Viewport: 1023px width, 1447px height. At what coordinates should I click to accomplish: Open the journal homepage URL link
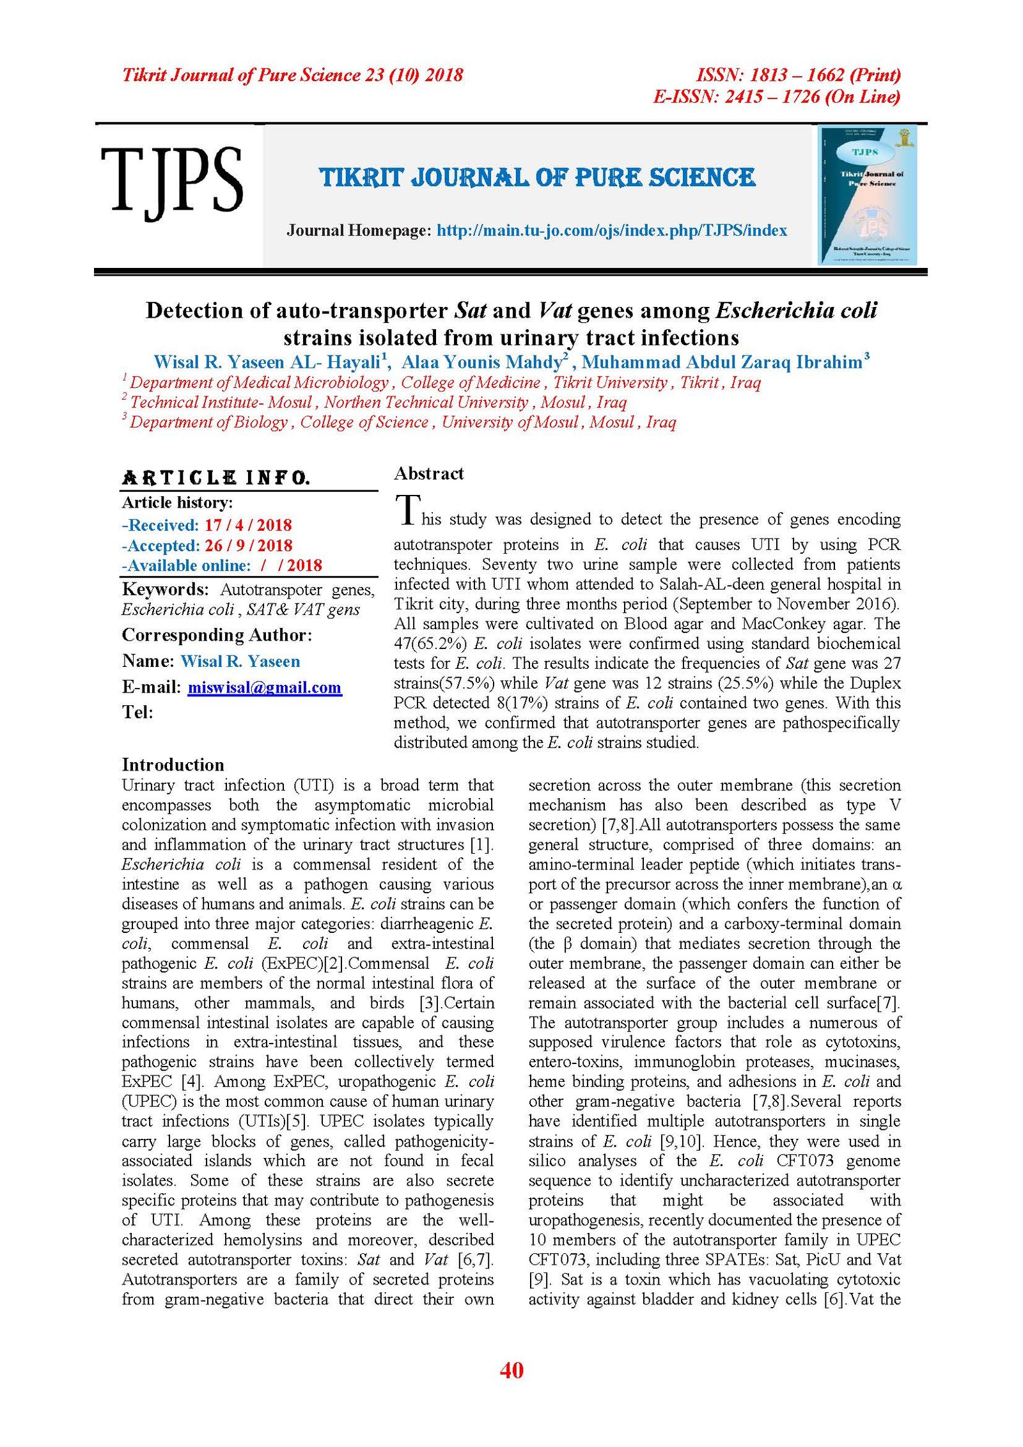coord(611,231)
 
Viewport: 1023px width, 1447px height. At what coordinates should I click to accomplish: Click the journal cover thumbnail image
coord(868,195)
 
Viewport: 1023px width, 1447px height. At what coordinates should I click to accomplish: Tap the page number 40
coord(511,1370)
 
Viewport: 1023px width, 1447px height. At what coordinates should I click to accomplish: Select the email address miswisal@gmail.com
coord(265,687)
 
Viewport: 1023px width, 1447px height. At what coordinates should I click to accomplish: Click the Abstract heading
coord(428,474)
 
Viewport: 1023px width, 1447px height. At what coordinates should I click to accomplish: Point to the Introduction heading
coord(173,765)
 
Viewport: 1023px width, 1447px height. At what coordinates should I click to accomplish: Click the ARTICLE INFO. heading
coord(216,478)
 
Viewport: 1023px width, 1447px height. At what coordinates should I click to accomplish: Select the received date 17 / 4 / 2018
coord(248,525)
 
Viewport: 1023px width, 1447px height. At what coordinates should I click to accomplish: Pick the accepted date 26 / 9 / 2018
coord(248,545)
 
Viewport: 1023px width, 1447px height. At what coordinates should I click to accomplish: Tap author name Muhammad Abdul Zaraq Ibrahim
coord(722,363)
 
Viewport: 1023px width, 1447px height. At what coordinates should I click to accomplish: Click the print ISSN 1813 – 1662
coord(797,75)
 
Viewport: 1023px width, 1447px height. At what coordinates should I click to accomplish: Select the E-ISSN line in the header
coord(776,97)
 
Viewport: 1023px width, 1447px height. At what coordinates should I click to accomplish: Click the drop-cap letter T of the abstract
coord(407,510)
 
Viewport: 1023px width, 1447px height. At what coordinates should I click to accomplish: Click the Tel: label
coord(137,712)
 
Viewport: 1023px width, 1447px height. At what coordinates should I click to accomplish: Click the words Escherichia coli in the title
coord(796,311)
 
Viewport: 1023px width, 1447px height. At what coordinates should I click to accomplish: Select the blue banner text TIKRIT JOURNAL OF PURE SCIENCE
coord(537,178)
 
